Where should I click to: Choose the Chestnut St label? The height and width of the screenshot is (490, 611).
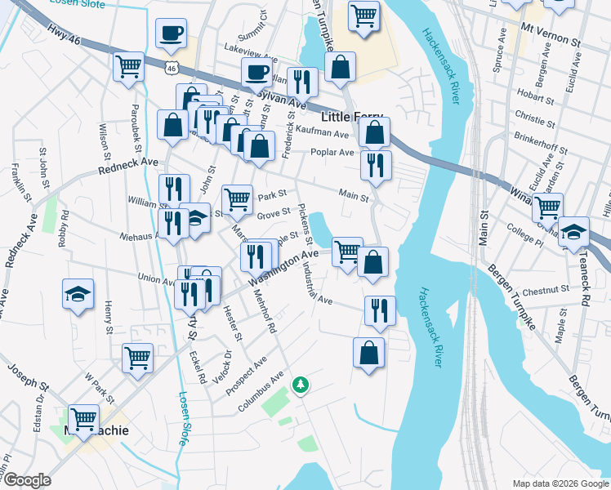pyautogui.click(x=546, y=289)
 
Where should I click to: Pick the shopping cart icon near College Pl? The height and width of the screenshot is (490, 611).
pyautogui.click(x=547, y=207)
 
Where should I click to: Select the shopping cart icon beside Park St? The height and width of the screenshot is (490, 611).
pyautogui.click(x=237, y=197)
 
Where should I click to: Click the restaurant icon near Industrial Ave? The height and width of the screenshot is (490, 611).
pyautogui.click(x=380, y=310)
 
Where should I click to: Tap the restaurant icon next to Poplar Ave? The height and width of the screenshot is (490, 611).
pyautogui.click(x=376, y=165)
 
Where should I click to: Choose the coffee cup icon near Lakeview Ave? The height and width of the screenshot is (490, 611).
pyautogui.click(x=256, y=71)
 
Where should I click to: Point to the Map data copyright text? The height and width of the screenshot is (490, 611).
pyautogui.click(x=560, y=483)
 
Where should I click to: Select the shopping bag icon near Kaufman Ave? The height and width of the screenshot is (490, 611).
pyautogui.click(x=374, y=131)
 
